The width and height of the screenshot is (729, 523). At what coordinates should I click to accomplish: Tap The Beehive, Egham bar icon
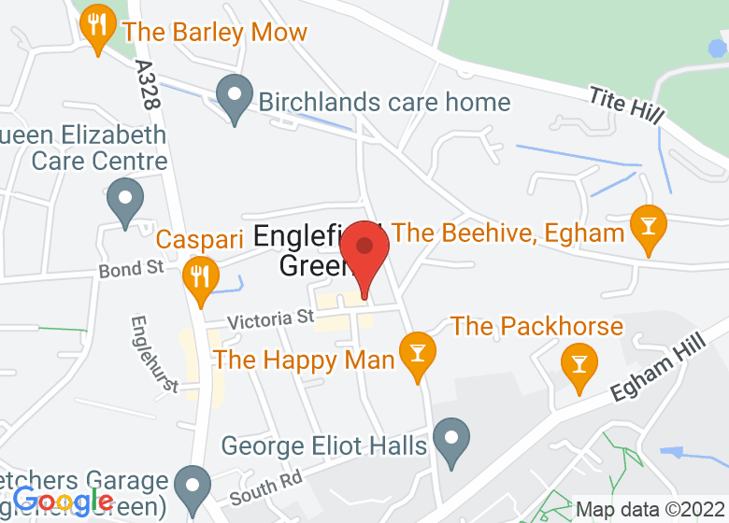(x=647, y=227)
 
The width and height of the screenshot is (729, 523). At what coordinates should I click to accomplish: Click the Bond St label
(x=131, y=269)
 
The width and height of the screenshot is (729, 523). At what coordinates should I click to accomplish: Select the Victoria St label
(x=269, y=319)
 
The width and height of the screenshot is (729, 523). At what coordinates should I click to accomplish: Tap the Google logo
(x=63, y=502)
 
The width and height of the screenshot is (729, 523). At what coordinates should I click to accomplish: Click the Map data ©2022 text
(x=650, y=510)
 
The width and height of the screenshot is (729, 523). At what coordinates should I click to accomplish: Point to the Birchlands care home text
(x=384, y=102)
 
